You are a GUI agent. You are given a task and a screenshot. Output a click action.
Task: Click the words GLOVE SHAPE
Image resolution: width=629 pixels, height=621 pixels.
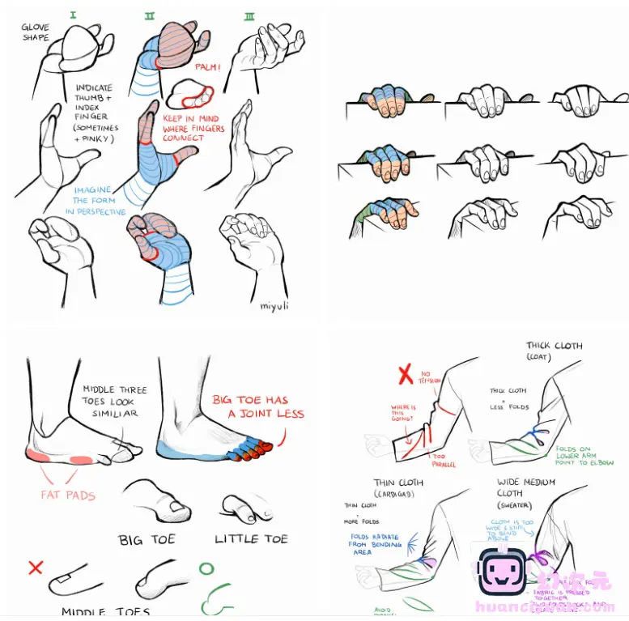(x=36, y=32)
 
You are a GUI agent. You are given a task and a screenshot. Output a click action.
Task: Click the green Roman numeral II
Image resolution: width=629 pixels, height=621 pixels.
(x=150, y=15)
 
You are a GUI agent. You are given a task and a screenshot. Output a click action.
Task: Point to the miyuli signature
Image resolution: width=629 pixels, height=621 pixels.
(x=275, y=305)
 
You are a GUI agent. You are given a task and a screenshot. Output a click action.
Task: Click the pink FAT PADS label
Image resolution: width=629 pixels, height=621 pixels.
(x=69, y=495)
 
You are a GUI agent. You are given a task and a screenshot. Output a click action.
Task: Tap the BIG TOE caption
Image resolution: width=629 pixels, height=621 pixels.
(x=147, y=539)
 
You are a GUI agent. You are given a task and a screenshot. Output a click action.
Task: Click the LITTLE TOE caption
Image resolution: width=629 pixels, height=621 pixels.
(x=251, y=538)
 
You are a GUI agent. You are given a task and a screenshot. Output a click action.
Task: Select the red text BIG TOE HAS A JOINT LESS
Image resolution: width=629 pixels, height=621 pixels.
(x=257, y=406)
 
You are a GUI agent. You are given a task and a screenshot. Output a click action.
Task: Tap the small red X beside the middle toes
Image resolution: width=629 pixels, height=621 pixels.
(x=35, y=568)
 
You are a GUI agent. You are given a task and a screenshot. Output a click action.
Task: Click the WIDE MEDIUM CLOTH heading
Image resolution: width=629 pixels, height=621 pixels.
(x=526, y=487)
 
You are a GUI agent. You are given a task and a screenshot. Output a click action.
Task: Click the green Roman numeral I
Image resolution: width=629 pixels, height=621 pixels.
(x=74, y=15)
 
